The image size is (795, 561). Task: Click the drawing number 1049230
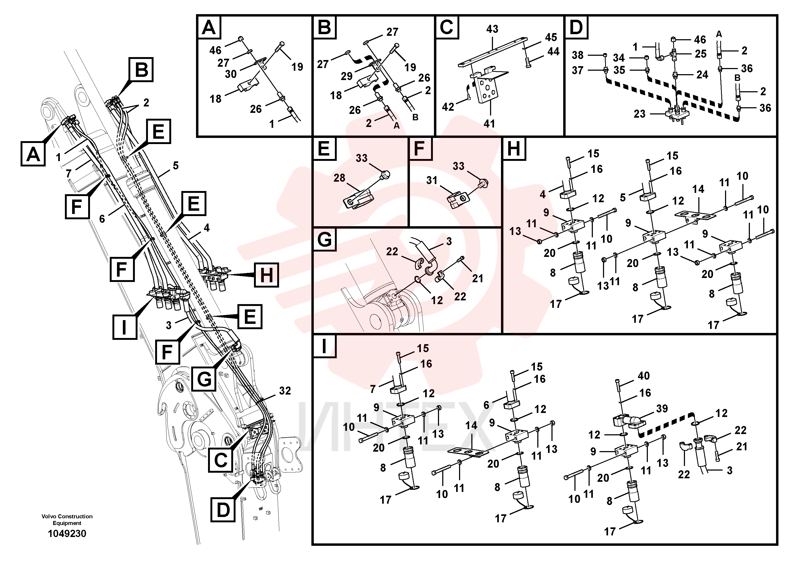67,534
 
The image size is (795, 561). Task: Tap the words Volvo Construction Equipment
67,519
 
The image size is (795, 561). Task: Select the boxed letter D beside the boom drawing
223,510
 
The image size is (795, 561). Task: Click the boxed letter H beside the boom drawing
266,275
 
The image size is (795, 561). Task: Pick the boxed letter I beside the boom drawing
125,327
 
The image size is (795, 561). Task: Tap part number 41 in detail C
489,124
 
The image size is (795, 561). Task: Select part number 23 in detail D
639,114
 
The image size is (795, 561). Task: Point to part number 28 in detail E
339,178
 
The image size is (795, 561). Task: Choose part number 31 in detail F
432,180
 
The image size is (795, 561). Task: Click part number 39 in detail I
662,408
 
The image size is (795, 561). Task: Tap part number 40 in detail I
644,376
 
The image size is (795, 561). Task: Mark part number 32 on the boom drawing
285,391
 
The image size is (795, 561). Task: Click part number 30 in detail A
231,74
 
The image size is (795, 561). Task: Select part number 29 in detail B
346,76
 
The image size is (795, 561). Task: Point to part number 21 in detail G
477,278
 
